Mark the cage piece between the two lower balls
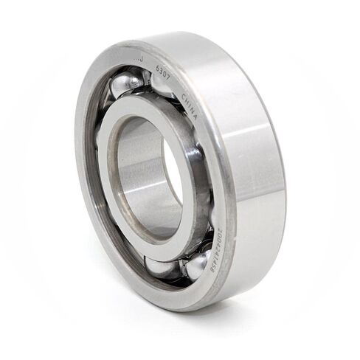(x=179, y=271)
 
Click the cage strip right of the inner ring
(x=201, y=184)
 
